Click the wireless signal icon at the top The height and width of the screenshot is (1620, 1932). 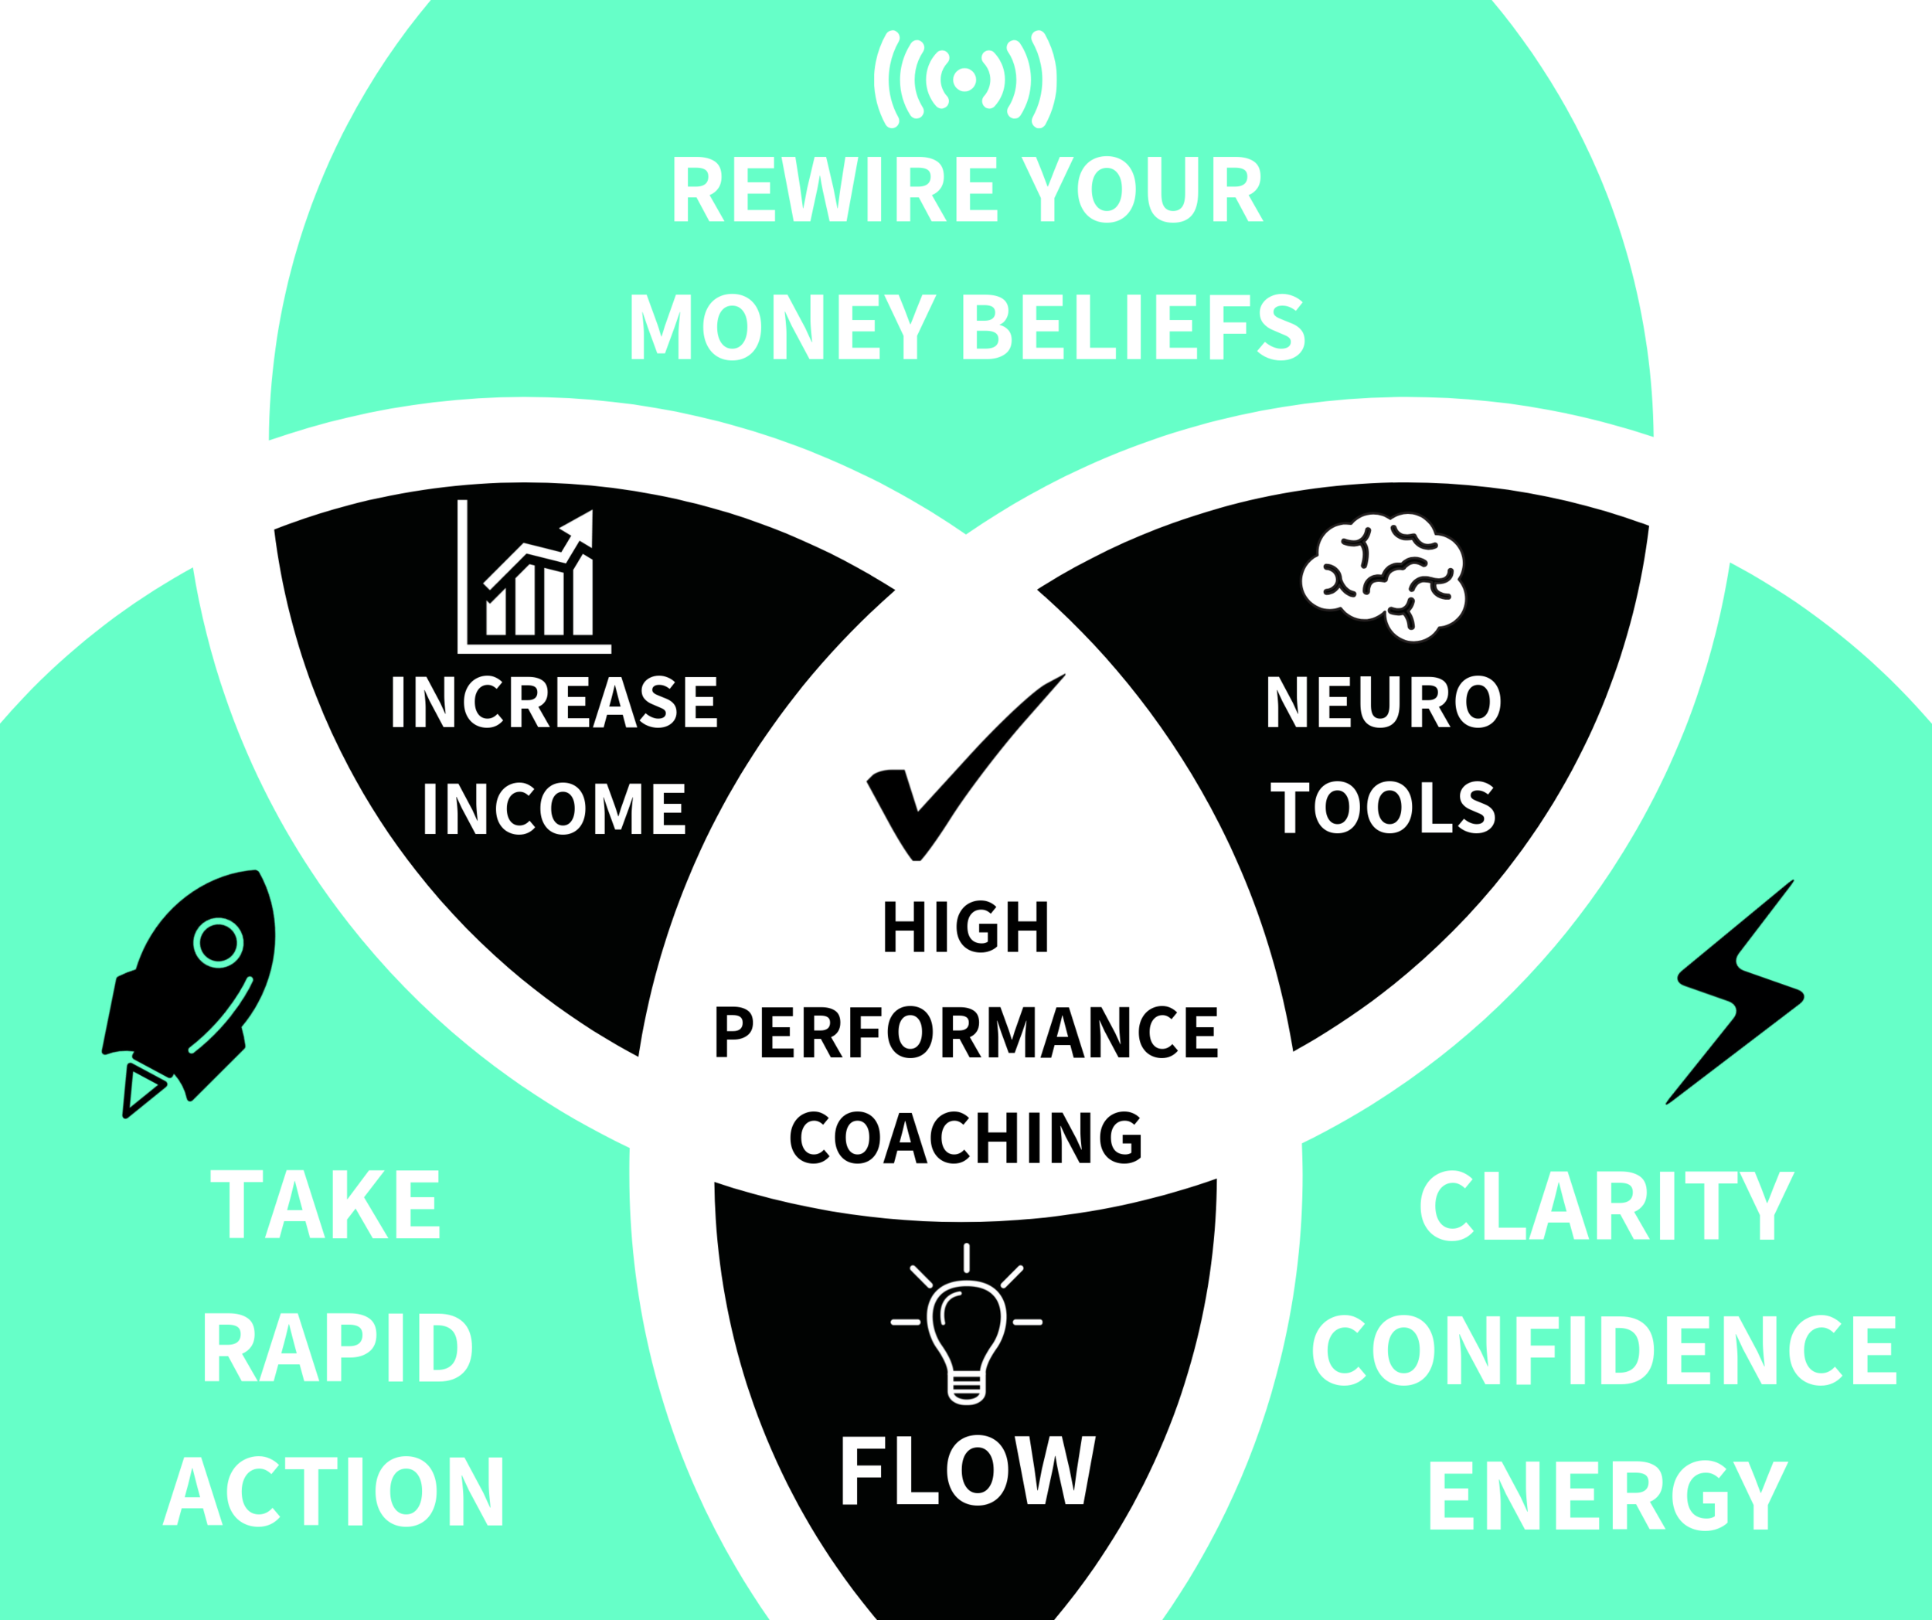(x=964, y=80)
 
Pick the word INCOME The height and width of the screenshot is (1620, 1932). (x=554, y=809)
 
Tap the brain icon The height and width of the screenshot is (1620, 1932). (x=1383, y=577)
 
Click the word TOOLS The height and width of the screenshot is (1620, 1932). (x=1383, y=808)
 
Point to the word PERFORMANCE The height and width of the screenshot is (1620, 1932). (x=966, y=1032)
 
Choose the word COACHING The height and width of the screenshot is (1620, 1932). (x=966, y=1138)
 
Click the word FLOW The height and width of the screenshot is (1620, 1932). (x=967, y=1471)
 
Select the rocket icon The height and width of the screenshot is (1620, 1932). (x=189, y=989)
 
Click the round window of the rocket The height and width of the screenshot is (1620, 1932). (x=218, y=943)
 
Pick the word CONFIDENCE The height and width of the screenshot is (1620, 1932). (x=1604, y=1349)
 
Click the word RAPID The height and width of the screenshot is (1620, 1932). (x=337, y=1348)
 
